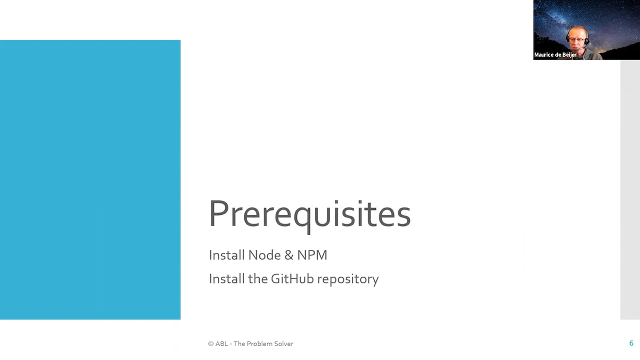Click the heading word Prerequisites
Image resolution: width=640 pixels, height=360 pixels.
[x=310, y=215]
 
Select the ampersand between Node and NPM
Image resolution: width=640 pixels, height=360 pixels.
[x=289, y=255]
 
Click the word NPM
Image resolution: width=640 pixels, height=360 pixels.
[x=312, y=255]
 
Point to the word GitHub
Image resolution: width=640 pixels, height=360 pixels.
[x=292, y=279]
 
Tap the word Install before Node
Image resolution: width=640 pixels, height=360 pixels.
[x=227, y=255]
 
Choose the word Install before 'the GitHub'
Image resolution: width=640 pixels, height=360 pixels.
[x=227, y=279]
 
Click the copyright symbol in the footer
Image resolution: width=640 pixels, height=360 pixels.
[x=211, y=344]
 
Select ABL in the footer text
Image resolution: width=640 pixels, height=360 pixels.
[x=222, y=344]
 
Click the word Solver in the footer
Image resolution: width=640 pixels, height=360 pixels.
[x=284, y=344]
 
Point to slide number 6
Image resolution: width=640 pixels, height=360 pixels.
[x=631, y=343]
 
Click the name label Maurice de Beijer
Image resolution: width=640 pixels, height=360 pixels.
[x=555, y=55]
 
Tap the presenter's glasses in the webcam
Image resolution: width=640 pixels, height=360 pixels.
[x=577, y=40]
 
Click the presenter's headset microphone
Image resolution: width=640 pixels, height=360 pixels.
[x=582, y=48]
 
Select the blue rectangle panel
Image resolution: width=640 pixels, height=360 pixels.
[x=90, y=180]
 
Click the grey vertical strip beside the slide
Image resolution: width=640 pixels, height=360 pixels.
[x=630, y=190]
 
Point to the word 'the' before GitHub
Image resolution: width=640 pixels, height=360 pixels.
[x=258, y=279]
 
